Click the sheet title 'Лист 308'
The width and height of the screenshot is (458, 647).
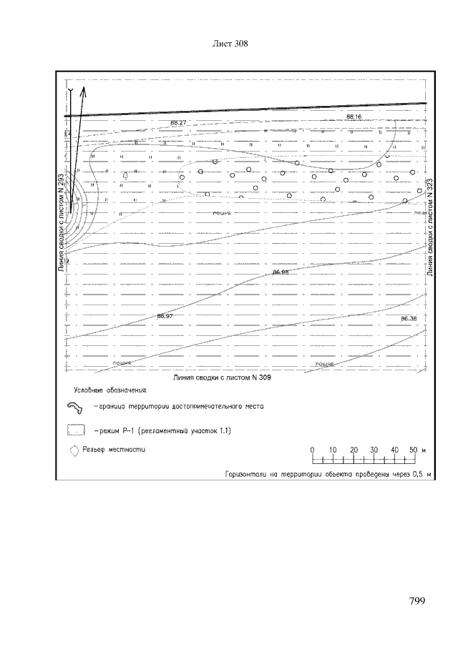coord(230,44)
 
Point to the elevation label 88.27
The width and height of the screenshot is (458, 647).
coord(179,122)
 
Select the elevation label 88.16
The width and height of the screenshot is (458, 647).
coord(354,116)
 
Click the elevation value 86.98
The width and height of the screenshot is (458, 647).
coord(281,272)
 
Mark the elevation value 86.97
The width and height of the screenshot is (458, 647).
coord(165,315)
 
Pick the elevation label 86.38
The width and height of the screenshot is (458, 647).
coord(409,318)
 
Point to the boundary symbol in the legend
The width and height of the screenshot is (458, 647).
coord(74,408)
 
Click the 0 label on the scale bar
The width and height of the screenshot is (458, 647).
coord(313,450)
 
